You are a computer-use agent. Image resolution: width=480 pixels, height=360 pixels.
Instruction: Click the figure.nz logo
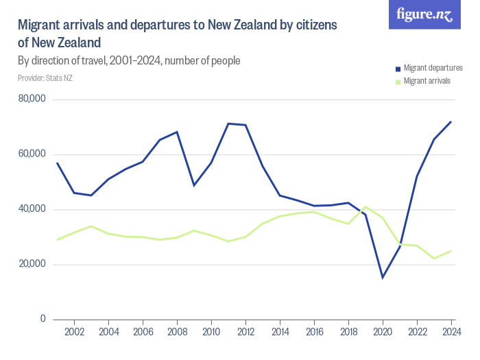pos(424,14)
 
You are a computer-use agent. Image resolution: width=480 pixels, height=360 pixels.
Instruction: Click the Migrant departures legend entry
pos(433,68)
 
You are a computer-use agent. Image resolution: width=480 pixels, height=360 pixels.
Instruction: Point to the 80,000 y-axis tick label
pos(32,99)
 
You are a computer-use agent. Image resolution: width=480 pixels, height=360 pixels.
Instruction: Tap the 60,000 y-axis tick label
pos(32,154)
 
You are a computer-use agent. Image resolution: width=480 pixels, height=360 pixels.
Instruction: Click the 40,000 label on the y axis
pos(32,209)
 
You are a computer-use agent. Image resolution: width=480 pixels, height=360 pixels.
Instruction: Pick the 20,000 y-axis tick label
pos(32,264)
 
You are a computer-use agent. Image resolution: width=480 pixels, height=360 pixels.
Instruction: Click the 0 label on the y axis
pos(42,319)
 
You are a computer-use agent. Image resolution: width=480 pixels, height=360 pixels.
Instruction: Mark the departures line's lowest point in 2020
pos(383,277)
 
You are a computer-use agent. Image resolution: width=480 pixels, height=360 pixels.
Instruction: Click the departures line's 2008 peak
pos(177,132)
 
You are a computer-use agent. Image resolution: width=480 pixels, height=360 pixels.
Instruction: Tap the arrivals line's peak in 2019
pos(365,206)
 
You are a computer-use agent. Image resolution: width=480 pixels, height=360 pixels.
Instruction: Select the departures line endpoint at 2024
pos(451,121)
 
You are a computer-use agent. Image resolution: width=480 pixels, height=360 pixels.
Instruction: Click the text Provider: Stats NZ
pos(45,78)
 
